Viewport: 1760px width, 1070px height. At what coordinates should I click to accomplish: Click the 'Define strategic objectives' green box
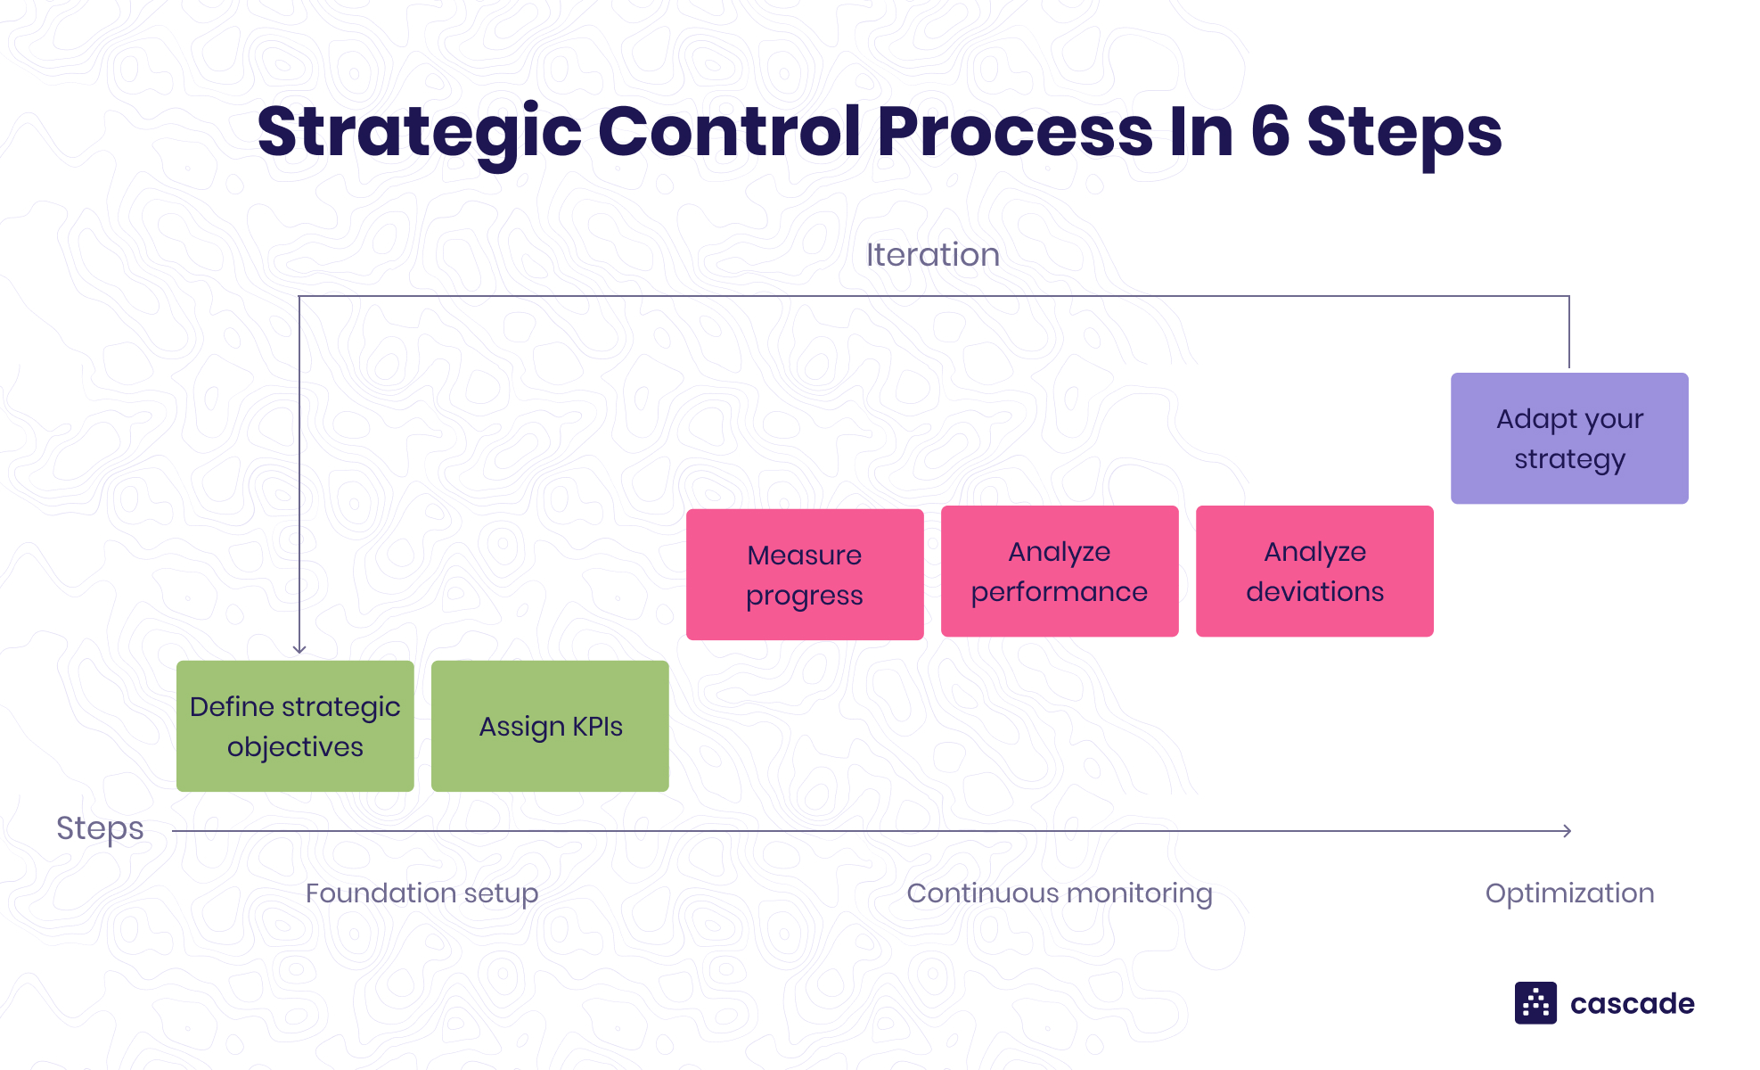click(x=295, y=726)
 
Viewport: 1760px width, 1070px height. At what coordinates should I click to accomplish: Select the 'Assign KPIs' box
click(x=550, y=726)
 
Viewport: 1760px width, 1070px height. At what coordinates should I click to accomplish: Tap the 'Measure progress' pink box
click(x=805, y=574)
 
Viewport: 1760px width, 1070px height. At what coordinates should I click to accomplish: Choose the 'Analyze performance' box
click(x=1060, y=572)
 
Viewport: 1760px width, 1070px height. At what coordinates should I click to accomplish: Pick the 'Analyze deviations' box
click(x=1314, y=572)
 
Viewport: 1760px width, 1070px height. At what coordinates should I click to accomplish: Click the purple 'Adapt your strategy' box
click(x=1569, y=438)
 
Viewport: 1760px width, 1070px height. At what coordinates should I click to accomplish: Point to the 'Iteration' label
click(x=932, y=255)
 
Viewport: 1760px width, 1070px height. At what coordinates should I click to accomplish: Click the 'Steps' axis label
click(x=100, y=828)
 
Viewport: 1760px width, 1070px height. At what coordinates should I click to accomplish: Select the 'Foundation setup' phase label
click(x=422, y=893)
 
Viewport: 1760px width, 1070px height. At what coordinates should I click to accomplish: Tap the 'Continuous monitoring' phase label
click(x=1059, y=893)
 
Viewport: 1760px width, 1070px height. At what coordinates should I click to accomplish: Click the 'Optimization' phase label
click(x=1569, y=893)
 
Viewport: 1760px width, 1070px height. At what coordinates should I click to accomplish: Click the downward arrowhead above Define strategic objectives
click(x=299, y=649)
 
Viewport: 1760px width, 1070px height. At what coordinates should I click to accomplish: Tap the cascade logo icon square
click(x=1535, y=1003)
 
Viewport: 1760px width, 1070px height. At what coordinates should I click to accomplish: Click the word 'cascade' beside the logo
click(x=1632, y=1004)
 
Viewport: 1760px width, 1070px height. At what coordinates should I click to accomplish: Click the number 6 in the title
click(x=1270, y=132)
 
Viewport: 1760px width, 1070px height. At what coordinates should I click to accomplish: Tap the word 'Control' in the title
click(x=730, y=132)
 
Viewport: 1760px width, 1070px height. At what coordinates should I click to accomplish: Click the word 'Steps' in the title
click(x=1404, y=132)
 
